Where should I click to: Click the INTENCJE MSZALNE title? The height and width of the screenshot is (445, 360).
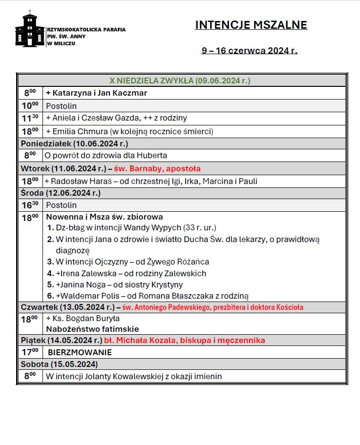(x=251, y=25)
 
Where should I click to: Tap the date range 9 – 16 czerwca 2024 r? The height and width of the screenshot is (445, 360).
(x=249, y=50)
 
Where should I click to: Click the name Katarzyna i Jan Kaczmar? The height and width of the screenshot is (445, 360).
(x=96, y=93)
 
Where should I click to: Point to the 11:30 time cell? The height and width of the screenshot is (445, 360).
(x=30, y=118)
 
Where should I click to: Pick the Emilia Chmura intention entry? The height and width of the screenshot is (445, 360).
(x=129, y=131)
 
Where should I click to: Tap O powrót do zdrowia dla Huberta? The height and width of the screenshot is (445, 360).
(x=106, y=156)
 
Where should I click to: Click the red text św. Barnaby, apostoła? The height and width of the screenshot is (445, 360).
(x=157, y=168)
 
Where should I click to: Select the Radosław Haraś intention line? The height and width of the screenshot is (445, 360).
(x=151, y=181)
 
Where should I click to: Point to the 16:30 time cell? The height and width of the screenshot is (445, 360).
(x=30, y=205)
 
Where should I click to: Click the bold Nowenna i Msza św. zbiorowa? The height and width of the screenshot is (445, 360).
(x=105, y=217)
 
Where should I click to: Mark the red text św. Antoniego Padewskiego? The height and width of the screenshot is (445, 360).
(x=213, y=307)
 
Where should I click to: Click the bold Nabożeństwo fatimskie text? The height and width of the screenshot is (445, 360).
(x=92, y=329)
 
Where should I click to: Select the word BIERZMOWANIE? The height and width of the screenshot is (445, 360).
(x=80, y=352)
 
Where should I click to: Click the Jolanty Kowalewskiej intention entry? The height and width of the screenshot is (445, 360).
(x=133, y=376)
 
